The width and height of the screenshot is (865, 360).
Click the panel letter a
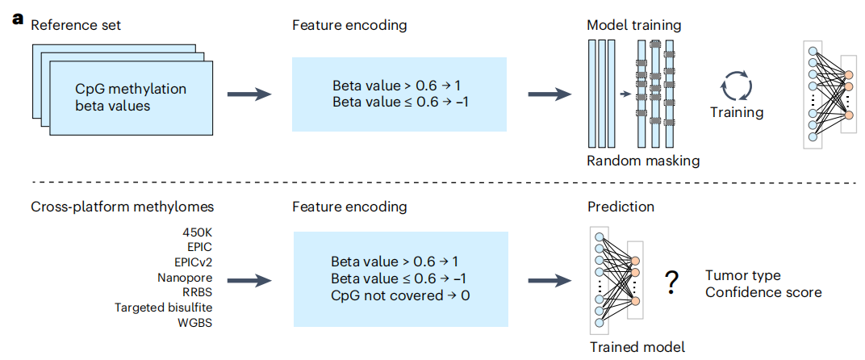(x=19, y=19)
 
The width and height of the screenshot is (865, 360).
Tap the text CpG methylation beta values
(x=131, y=97)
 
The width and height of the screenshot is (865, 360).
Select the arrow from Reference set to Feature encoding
(x=249, y=94)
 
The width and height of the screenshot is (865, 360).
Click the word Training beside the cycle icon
(x=737, y=113)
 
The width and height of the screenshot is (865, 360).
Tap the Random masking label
(x=642, y=161)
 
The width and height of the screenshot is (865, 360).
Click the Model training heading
(x=634, y=25)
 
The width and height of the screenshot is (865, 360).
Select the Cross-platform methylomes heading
(x=123, y=207)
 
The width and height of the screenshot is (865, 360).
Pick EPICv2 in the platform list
(x=193, y=262)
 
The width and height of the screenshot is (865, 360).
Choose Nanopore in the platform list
(x=185, y=277)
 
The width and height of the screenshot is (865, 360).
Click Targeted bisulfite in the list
(x=164, y=307)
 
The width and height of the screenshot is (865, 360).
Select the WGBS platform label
(x=198, y=322)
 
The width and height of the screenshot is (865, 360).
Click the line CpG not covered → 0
(x=400, y=295)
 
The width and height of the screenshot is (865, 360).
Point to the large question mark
(x=671, y=283)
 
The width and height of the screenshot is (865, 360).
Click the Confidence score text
(x=763, y=291)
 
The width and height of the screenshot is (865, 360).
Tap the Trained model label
(x=637, y=347)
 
